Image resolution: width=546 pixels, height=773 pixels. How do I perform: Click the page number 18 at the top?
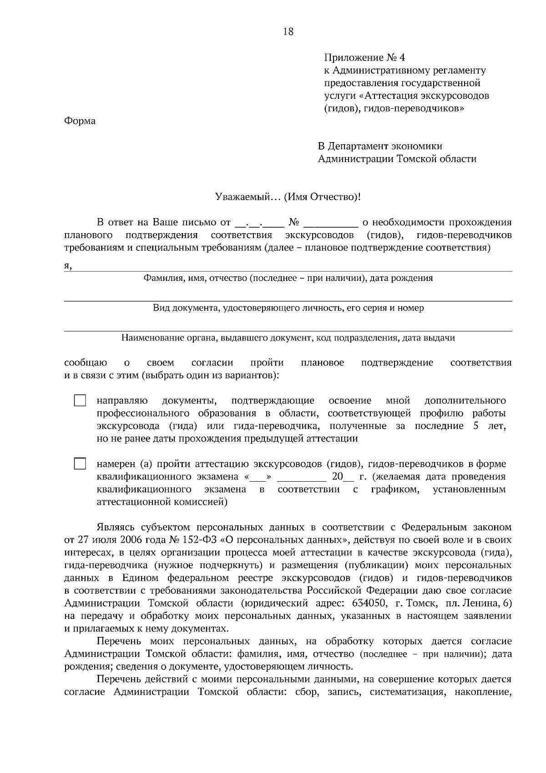click(288, 31)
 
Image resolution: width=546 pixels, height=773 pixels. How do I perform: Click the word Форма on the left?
click(80, 121)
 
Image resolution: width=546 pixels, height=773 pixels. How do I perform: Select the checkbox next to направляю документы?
click(80, 401)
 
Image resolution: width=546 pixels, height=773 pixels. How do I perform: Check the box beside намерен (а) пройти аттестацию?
click(80, 464)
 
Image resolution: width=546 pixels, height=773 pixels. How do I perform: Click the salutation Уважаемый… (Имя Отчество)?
click(288, 197)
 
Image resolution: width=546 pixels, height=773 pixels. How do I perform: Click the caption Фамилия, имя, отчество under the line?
click(288, 278)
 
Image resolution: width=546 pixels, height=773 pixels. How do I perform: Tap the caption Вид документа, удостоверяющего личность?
click(288, 308)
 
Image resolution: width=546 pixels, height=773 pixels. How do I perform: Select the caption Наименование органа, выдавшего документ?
click(288, 338)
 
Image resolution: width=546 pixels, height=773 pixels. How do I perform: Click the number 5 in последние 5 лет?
click(475, 426)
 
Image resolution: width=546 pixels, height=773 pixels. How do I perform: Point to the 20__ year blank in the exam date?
click(342, 477)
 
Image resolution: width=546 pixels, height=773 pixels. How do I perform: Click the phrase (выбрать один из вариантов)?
click(210, 376)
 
